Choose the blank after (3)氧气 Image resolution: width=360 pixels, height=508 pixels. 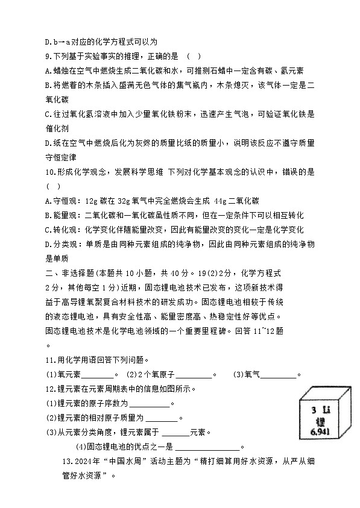(x=279, y=374)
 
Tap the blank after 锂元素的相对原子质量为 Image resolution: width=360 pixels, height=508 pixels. (x=162, y=418)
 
